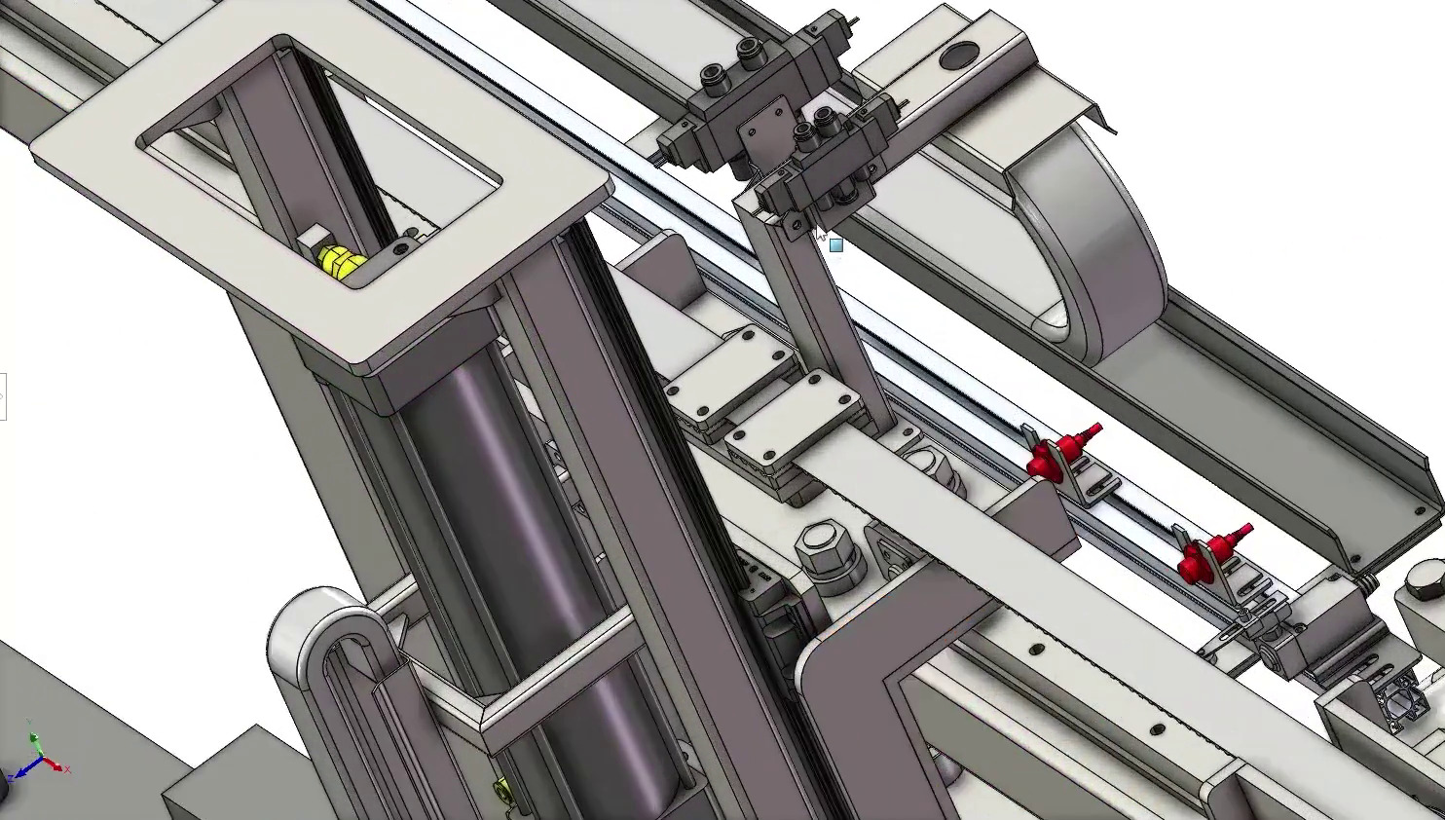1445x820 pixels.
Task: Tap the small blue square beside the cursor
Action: coord(835,245)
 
